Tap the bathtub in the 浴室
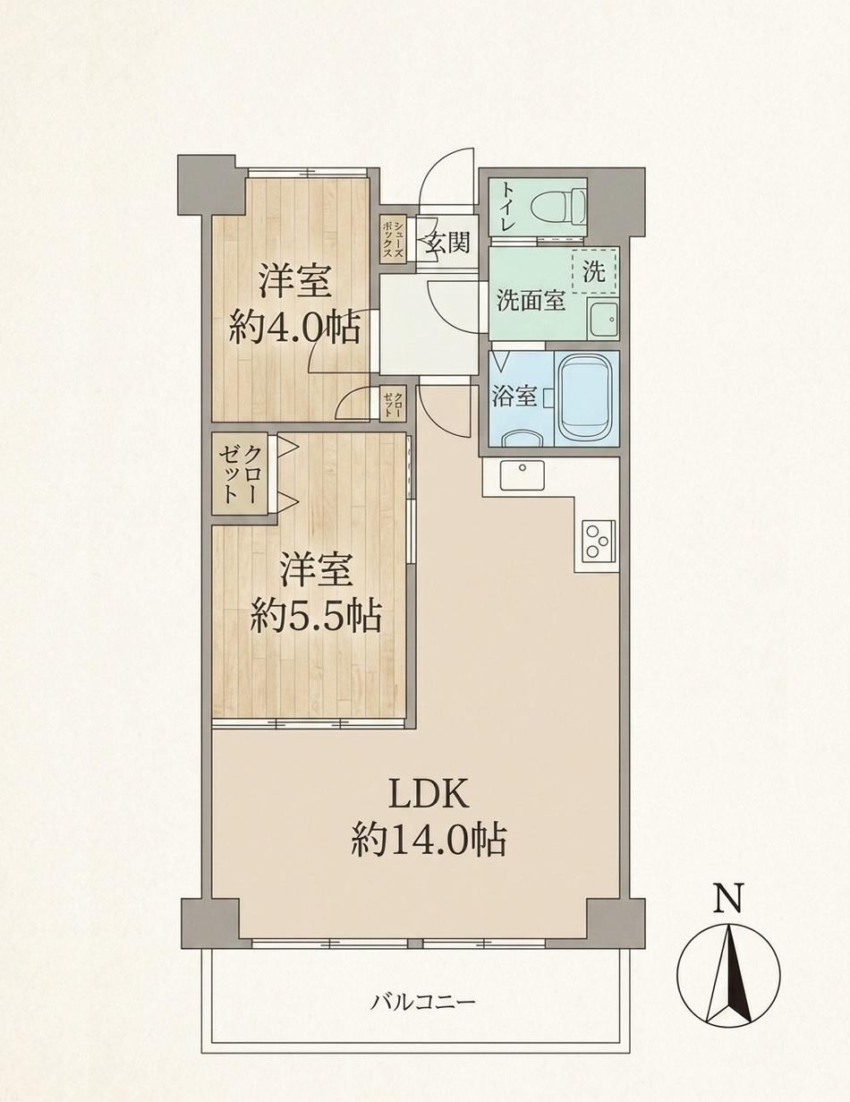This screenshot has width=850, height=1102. (586, 398)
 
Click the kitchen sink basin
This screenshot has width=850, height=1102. (522, 474)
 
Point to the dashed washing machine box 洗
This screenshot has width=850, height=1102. (593, 272)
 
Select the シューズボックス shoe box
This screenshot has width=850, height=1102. (394, 239)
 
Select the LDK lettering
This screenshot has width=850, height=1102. (429, 791)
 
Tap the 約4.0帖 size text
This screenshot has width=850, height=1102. (294, 326)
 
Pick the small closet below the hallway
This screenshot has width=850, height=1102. (394, 404)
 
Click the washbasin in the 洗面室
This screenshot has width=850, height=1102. (603, 318)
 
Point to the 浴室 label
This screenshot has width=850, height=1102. (514, 397)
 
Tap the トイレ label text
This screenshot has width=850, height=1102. (508, 208)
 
